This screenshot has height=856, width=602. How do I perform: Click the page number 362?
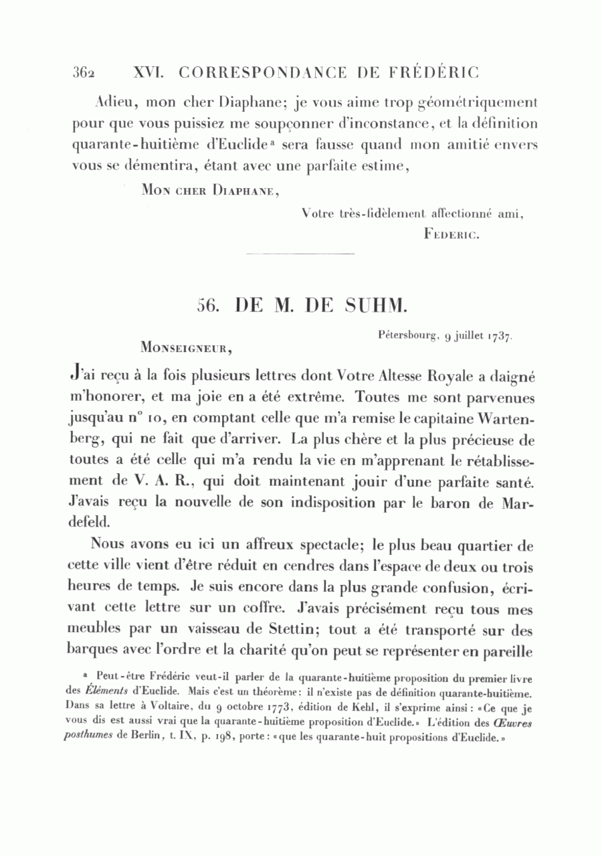tap(85, 72)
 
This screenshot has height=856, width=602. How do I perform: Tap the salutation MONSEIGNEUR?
tap(187, 347)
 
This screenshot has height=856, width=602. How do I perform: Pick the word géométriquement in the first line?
tap(477, 103)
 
